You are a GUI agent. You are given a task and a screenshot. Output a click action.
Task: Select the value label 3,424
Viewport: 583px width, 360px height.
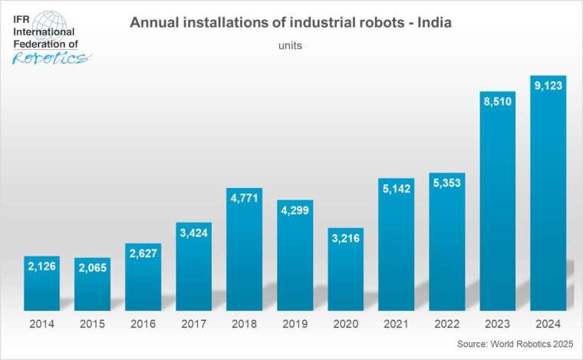[193, 232]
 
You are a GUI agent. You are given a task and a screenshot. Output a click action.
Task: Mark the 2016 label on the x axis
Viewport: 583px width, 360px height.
[143, 322]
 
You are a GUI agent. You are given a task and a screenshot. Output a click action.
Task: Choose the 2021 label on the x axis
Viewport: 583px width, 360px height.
[396, 322]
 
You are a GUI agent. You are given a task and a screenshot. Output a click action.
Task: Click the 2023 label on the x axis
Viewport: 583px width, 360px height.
[497, 322]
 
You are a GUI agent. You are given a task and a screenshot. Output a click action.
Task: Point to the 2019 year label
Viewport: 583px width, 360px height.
[295, 322]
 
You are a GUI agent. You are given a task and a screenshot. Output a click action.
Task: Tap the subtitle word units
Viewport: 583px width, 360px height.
[290, 45]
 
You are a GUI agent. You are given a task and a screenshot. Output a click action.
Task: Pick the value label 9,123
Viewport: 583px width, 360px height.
[548, 85]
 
